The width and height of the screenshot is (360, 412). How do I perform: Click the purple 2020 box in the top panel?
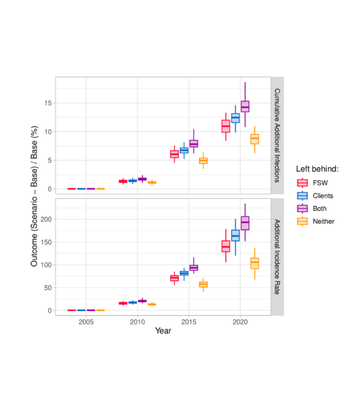tap(245, 106)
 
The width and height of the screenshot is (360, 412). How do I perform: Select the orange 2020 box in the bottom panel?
tap(254, 263)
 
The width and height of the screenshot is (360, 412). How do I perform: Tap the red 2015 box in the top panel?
tap(174, 154)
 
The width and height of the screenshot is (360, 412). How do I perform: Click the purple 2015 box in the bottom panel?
tap(193, 268)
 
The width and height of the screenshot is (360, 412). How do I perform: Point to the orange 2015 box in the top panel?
tap(203, 161)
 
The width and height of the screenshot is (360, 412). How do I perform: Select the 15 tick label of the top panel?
tap(47, 103)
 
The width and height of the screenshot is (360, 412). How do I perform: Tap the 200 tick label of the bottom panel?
tap(45, 219)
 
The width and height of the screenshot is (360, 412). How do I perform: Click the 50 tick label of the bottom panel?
tap(46, 288)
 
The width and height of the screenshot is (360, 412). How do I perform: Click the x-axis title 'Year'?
tap(163, 331)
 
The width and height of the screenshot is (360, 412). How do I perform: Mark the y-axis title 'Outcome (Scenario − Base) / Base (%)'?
tap(34, 196)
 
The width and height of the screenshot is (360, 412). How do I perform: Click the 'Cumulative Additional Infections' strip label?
tap(277, 136)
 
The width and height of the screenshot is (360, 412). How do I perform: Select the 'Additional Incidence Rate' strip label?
tap(277, 256)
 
